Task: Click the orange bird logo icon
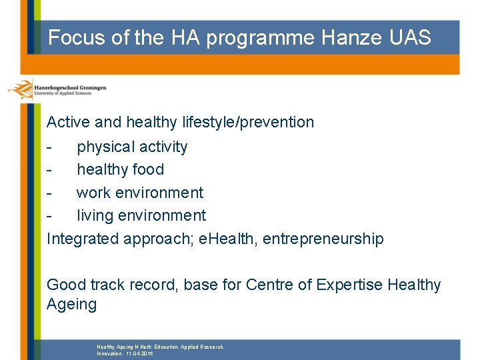(20, 89)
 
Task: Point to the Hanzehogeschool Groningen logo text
(69, 87)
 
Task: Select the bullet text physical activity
(132, 147)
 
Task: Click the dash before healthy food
(49, 170)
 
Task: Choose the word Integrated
(83, 239)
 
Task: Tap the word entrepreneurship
(323, 239)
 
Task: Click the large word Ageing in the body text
(71, 305)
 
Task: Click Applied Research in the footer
(199, 347)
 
